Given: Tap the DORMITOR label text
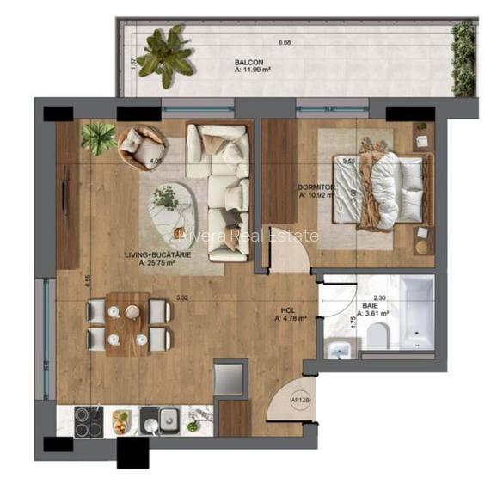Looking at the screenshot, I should click(316, 187).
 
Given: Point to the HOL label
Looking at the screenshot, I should click(289, 312).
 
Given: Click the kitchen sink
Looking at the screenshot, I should click(161, 420).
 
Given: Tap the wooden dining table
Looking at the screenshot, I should click(128, 323).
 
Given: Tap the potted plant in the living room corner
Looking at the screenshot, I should click(100, 138).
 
